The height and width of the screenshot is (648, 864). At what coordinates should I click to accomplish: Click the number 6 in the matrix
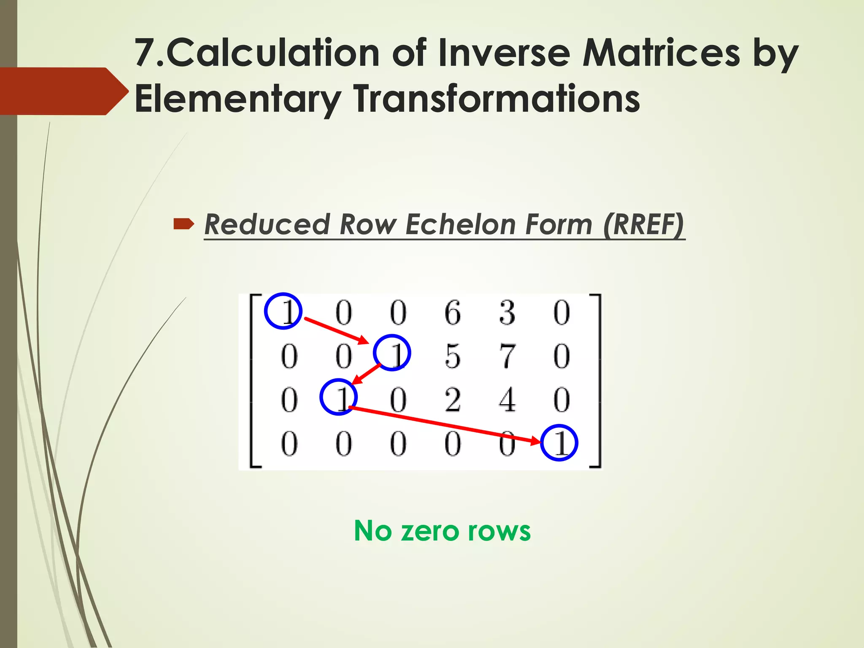pyautogui.click(x=453, y=313)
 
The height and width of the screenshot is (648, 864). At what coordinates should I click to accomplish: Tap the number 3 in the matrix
pyautogui.click(x=507, y=313)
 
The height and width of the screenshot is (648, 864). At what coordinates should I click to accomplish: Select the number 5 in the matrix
pyautogui.click(x=453, y=356)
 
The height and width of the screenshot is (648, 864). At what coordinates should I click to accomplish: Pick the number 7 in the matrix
pyautogui.click(x=507, y=356)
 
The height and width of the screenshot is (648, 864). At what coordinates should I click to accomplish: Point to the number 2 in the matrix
pyautogui.click(x=453, y=400)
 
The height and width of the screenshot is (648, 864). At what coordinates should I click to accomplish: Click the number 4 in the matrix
pyautogui.click(x=507, y=400)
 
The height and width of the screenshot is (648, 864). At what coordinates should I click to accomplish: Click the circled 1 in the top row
pyautogui.click(x=283, y=311)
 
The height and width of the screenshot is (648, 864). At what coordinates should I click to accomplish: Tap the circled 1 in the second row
pyautogui.click(x=392, y=353)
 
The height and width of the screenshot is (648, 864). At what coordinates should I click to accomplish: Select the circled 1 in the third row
pyautogui.click(x=338, y=397)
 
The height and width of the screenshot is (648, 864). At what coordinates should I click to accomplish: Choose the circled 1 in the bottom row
pyautogui.click(x=559, y=443)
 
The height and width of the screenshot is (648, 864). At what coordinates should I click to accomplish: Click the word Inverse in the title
pyautogui.click(x=504, y=53)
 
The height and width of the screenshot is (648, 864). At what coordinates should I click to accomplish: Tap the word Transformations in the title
pyautogui.click(x=497, y=99)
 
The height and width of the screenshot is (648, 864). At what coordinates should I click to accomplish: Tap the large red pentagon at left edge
pyautogui.click(x=59, y=91)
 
